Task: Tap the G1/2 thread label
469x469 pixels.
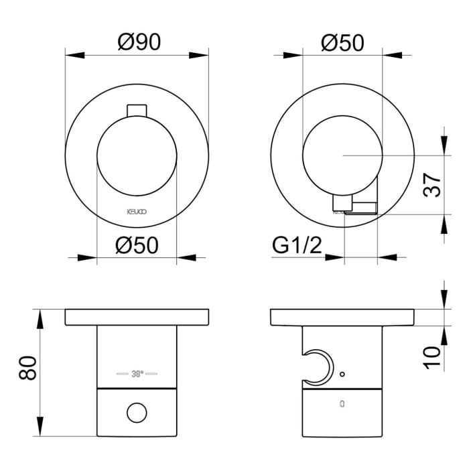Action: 297,246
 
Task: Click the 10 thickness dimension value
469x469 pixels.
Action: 433,352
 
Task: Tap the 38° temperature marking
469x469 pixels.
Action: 137,373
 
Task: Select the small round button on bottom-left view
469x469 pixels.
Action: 137,412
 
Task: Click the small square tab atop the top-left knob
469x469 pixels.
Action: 137,109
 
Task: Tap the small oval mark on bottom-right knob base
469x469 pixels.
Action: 342,404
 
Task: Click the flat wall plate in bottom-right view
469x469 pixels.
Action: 342,317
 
